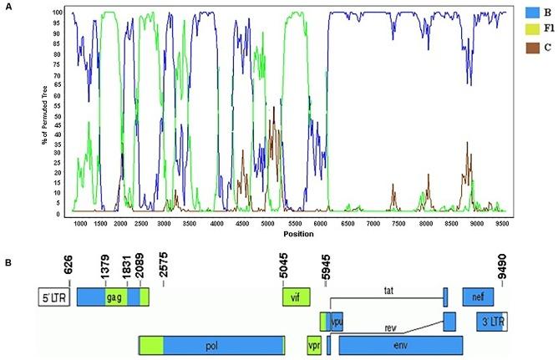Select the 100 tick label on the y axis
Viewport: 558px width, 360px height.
coord(57,13)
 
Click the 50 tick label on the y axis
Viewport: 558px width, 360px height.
coord(58,114)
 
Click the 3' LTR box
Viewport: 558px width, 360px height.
coord(491,322)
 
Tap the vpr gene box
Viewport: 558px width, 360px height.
coord(314,344)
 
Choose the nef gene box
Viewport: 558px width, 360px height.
coord(478,297)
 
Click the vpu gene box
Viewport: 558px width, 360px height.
coord(337,321)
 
